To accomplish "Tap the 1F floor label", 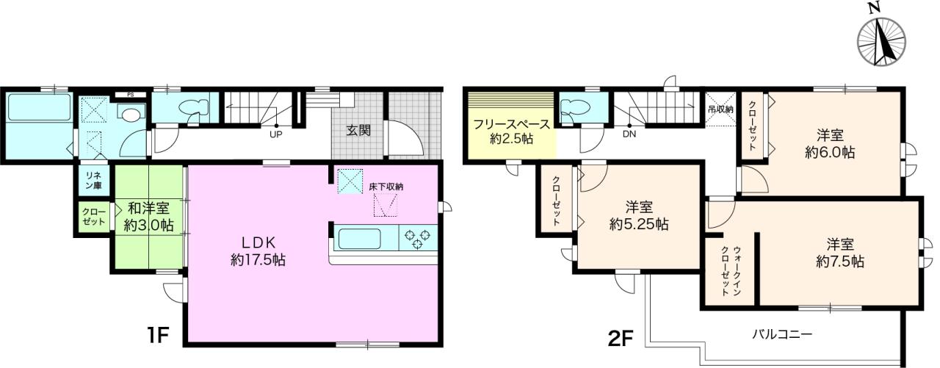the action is (157, 336).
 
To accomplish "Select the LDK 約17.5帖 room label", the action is (258, 251).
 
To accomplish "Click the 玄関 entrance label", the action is (358, 130).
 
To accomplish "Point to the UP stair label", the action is (275, 134).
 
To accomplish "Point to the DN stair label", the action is (629, 134).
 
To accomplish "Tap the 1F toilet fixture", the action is (193, 107).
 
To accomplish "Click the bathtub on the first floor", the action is (39, 107).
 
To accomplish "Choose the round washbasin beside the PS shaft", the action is (132, 114).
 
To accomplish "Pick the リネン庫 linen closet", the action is (93, 181).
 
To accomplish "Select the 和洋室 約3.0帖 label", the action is (148, 217).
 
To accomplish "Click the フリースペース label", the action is (512, 125).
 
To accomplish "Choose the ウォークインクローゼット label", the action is (731, 272).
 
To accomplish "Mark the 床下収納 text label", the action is (386, 187).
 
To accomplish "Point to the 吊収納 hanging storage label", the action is (720, 109).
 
